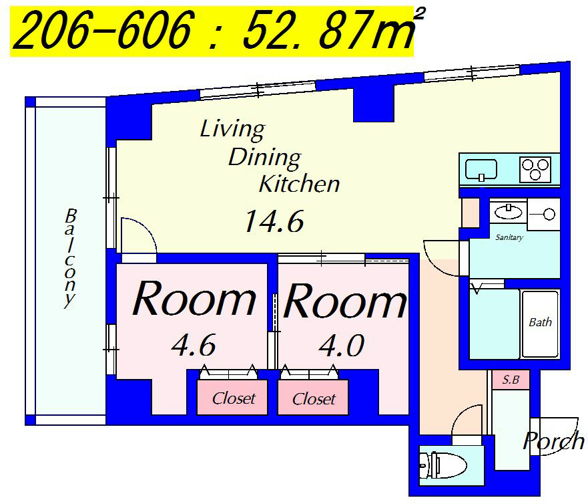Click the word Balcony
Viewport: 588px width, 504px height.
click(x=70, y=259)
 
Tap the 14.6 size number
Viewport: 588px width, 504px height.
click(x=274, y=221)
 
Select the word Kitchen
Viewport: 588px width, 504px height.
click(x=299, y=184)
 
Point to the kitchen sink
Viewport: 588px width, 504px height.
click(x=481, y=170)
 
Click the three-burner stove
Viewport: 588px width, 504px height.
click(x=535, y=170)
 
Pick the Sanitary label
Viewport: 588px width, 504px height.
click(x=509, y=237)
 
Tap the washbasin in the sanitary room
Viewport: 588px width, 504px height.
click(x=508, y=212)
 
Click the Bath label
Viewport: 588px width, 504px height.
click(x=540, y=322)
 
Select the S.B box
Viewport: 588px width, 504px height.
click(x=511, y=380)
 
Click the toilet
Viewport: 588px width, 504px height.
click(x=443, y=465)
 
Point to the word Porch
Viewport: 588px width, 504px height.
click(x=553, y=440)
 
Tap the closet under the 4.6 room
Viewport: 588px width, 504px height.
click(x=232, y=398)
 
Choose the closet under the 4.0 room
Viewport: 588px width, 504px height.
click(x=313, y=398)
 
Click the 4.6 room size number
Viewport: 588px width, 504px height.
click(x=194, y=345)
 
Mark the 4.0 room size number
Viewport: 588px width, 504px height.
click(x=342, y=346)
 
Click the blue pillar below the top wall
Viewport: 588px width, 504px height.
click(x=374, y=102)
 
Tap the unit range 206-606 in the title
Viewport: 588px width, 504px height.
click(x=103, y=29)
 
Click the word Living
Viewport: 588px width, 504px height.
click(x=232, y=130)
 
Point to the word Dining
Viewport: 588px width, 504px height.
click(x=265, y=158)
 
